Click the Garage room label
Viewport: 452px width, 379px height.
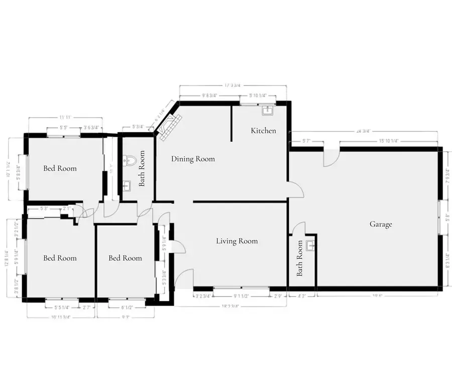[381, 225]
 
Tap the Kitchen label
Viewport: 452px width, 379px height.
[264, 131]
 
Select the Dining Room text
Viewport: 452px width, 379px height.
[193, 159]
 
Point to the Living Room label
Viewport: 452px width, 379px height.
[237, 241]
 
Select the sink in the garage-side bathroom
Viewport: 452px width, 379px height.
[310, 246]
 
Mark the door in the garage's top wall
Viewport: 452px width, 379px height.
[331, 156]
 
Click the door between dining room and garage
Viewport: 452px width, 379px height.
[296, 190]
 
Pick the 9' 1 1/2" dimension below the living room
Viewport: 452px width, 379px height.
[242, 296]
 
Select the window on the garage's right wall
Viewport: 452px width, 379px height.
[440, 217]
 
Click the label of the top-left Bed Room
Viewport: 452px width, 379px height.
[60, 168]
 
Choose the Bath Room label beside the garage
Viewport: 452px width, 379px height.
[300, 258]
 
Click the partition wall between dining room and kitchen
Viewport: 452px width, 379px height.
[232, 123]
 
